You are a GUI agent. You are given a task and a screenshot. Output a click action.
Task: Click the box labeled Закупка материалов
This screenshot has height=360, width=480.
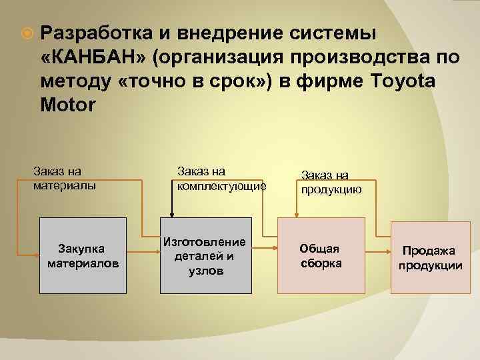pyautogui.click(x=83, y=255)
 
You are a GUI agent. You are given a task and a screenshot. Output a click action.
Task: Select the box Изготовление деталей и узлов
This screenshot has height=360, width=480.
pyautogui.click(x=203, y=255)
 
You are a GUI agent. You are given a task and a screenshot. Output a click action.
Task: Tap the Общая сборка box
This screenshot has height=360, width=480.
pyautogui.click(x=320, y=255)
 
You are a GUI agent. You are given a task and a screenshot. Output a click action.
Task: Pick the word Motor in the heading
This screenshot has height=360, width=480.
pyautogui.click(x=68, y=105)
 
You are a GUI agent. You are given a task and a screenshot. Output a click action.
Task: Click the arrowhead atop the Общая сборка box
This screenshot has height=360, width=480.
pyautogui.click(x=297, y=214)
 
